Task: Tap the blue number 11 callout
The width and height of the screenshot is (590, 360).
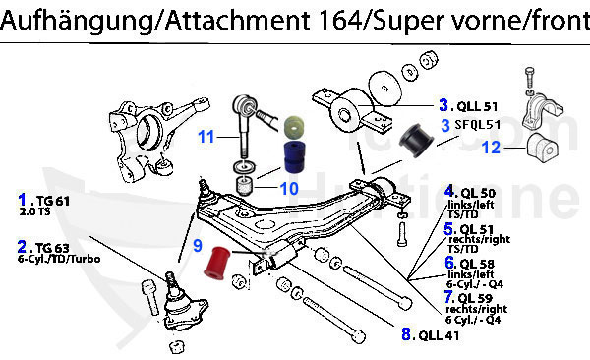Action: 205,138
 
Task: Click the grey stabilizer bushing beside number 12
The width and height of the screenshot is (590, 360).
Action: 541,148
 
